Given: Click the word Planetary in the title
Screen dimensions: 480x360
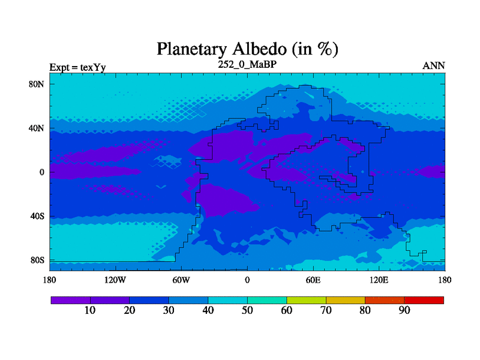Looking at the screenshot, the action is [192, 49].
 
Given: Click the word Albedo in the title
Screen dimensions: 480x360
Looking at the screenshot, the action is [260, 49].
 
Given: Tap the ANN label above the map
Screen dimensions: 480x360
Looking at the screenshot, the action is [433, 66].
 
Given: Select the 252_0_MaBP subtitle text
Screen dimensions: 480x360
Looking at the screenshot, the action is [247, 65].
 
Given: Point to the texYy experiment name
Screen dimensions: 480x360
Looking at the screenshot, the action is [93, 67].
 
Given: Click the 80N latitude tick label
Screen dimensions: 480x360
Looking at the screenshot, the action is [37, 84].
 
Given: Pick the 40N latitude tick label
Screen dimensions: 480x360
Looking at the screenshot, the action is [37, 128].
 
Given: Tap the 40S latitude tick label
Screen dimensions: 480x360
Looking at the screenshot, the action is [37, 216].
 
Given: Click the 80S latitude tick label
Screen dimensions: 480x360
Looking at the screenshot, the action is [37, 260].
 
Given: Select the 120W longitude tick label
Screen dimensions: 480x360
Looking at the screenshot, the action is [115, 280].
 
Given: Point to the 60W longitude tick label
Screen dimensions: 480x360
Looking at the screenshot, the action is [181, 280].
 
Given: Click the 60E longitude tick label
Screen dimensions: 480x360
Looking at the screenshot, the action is [313, 280].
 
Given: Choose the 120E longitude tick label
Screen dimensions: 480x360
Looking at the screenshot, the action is [379, 280].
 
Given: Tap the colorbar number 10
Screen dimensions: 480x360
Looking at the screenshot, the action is [90, 310].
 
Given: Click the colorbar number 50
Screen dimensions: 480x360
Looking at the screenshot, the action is [247, 310].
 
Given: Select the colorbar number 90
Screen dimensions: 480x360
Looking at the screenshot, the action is [404, 310].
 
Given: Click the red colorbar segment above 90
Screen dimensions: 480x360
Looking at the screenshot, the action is [424, 301].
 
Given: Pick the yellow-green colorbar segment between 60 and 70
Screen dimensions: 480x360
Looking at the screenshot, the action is [306, 301].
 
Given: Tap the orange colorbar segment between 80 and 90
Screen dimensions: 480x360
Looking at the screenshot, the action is [385, 301].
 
